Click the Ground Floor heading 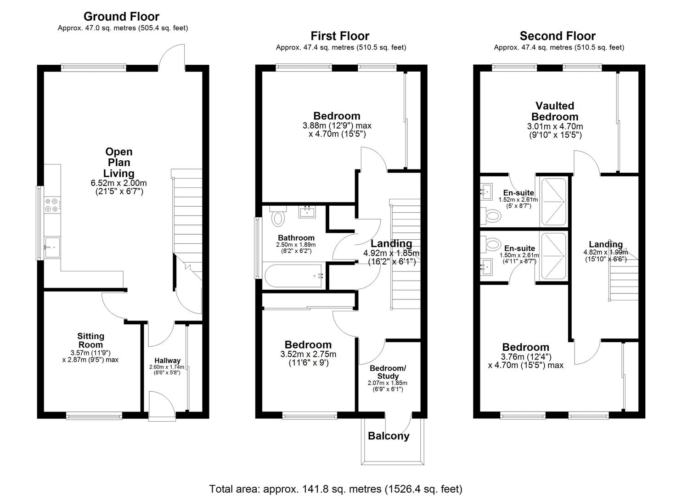(121, 17)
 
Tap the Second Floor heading (557, 36)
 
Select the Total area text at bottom (336, 489)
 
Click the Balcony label (389, 436)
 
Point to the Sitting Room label (90, 340)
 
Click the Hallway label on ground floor (167, 361)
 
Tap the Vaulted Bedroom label (555, 111)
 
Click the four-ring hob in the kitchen (51, 205)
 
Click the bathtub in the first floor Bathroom (294, 276)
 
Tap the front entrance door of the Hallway (162, 406)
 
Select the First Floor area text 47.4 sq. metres (341, 47)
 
